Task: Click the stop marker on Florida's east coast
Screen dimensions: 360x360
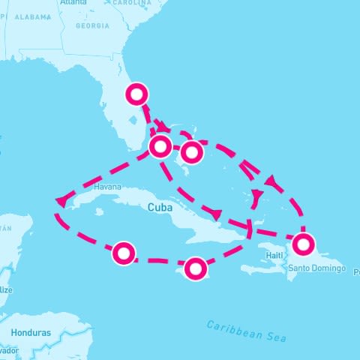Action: [137, 94]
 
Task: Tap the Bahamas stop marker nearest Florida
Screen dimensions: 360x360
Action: [160, 145]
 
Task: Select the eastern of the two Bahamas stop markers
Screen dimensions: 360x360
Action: [192, 152]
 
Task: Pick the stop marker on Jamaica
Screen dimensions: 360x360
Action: [195, 268]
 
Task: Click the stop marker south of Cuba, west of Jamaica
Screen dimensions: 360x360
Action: [124, 253]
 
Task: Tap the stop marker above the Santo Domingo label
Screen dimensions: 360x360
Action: [303, 244]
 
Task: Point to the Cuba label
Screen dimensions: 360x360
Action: [160, 207]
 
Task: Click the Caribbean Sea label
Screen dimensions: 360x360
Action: [247, 331]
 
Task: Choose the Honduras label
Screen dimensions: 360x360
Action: [31, 331]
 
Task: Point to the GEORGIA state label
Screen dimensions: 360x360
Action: [92, 25]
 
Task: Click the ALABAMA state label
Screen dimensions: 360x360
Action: [31, 16]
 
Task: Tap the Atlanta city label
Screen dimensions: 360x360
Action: [73, 3]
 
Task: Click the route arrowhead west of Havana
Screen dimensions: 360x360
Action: [60, 201]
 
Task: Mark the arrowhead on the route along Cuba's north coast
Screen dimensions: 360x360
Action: [217, 214]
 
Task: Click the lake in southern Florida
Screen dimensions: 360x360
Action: [132, 118]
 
